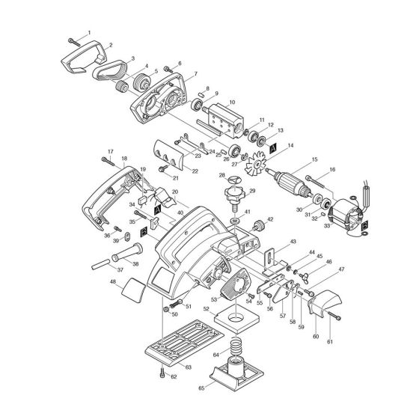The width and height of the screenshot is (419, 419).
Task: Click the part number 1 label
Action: (x=89, y=32)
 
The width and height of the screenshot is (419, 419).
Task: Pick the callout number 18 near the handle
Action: (x=124, y=159)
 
